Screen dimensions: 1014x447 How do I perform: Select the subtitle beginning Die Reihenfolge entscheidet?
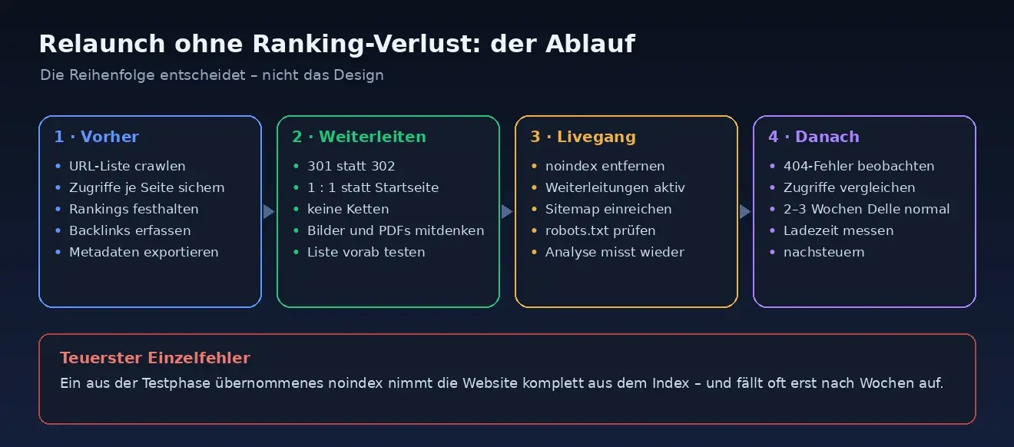point(212,74)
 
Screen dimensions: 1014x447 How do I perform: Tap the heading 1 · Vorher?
point(97,137)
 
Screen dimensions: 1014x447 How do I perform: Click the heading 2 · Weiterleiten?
point(359,137)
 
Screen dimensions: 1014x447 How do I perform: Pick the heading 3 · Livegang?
point(583,137)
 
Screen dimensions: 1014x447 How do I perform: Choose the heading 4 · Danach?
point(814,137)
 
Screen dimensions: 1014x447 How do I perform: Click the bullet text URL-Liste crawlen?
point(128,166)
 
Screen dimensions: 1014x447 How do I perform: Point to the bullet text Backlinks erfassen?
point(130,230)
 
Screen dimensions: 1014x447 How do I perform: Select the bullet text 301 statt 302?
point(351,166)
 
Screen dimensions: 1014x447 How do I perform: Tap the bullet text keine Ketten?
point(348,209)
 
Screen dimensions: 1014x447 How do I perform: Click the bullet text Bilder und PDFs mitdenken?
point(396,230)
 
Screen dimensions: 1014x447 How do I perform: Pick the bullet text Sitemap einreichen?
point(608,209)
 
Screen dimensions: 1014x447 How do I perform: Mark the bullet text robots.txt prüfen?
point(600,230)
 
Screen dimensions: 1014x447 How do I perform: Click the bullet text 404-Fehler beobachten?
point(859,166)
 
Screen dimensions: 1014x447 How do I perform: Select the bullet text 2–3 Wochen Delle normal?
point(867,209)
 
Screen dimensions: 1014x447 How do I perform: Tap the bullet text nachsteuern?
point(823,252)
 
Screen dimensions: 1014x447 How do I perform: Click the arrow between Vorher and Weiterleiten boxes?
point(269,211)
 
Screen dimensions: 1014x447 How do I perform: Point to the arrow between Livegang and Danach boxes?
point(745,211)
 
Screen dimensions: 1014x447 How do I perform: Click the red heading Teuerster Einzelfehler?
point(155,358)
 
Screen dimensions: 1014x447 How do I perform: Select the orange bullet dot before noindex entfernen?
point(534,166)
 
